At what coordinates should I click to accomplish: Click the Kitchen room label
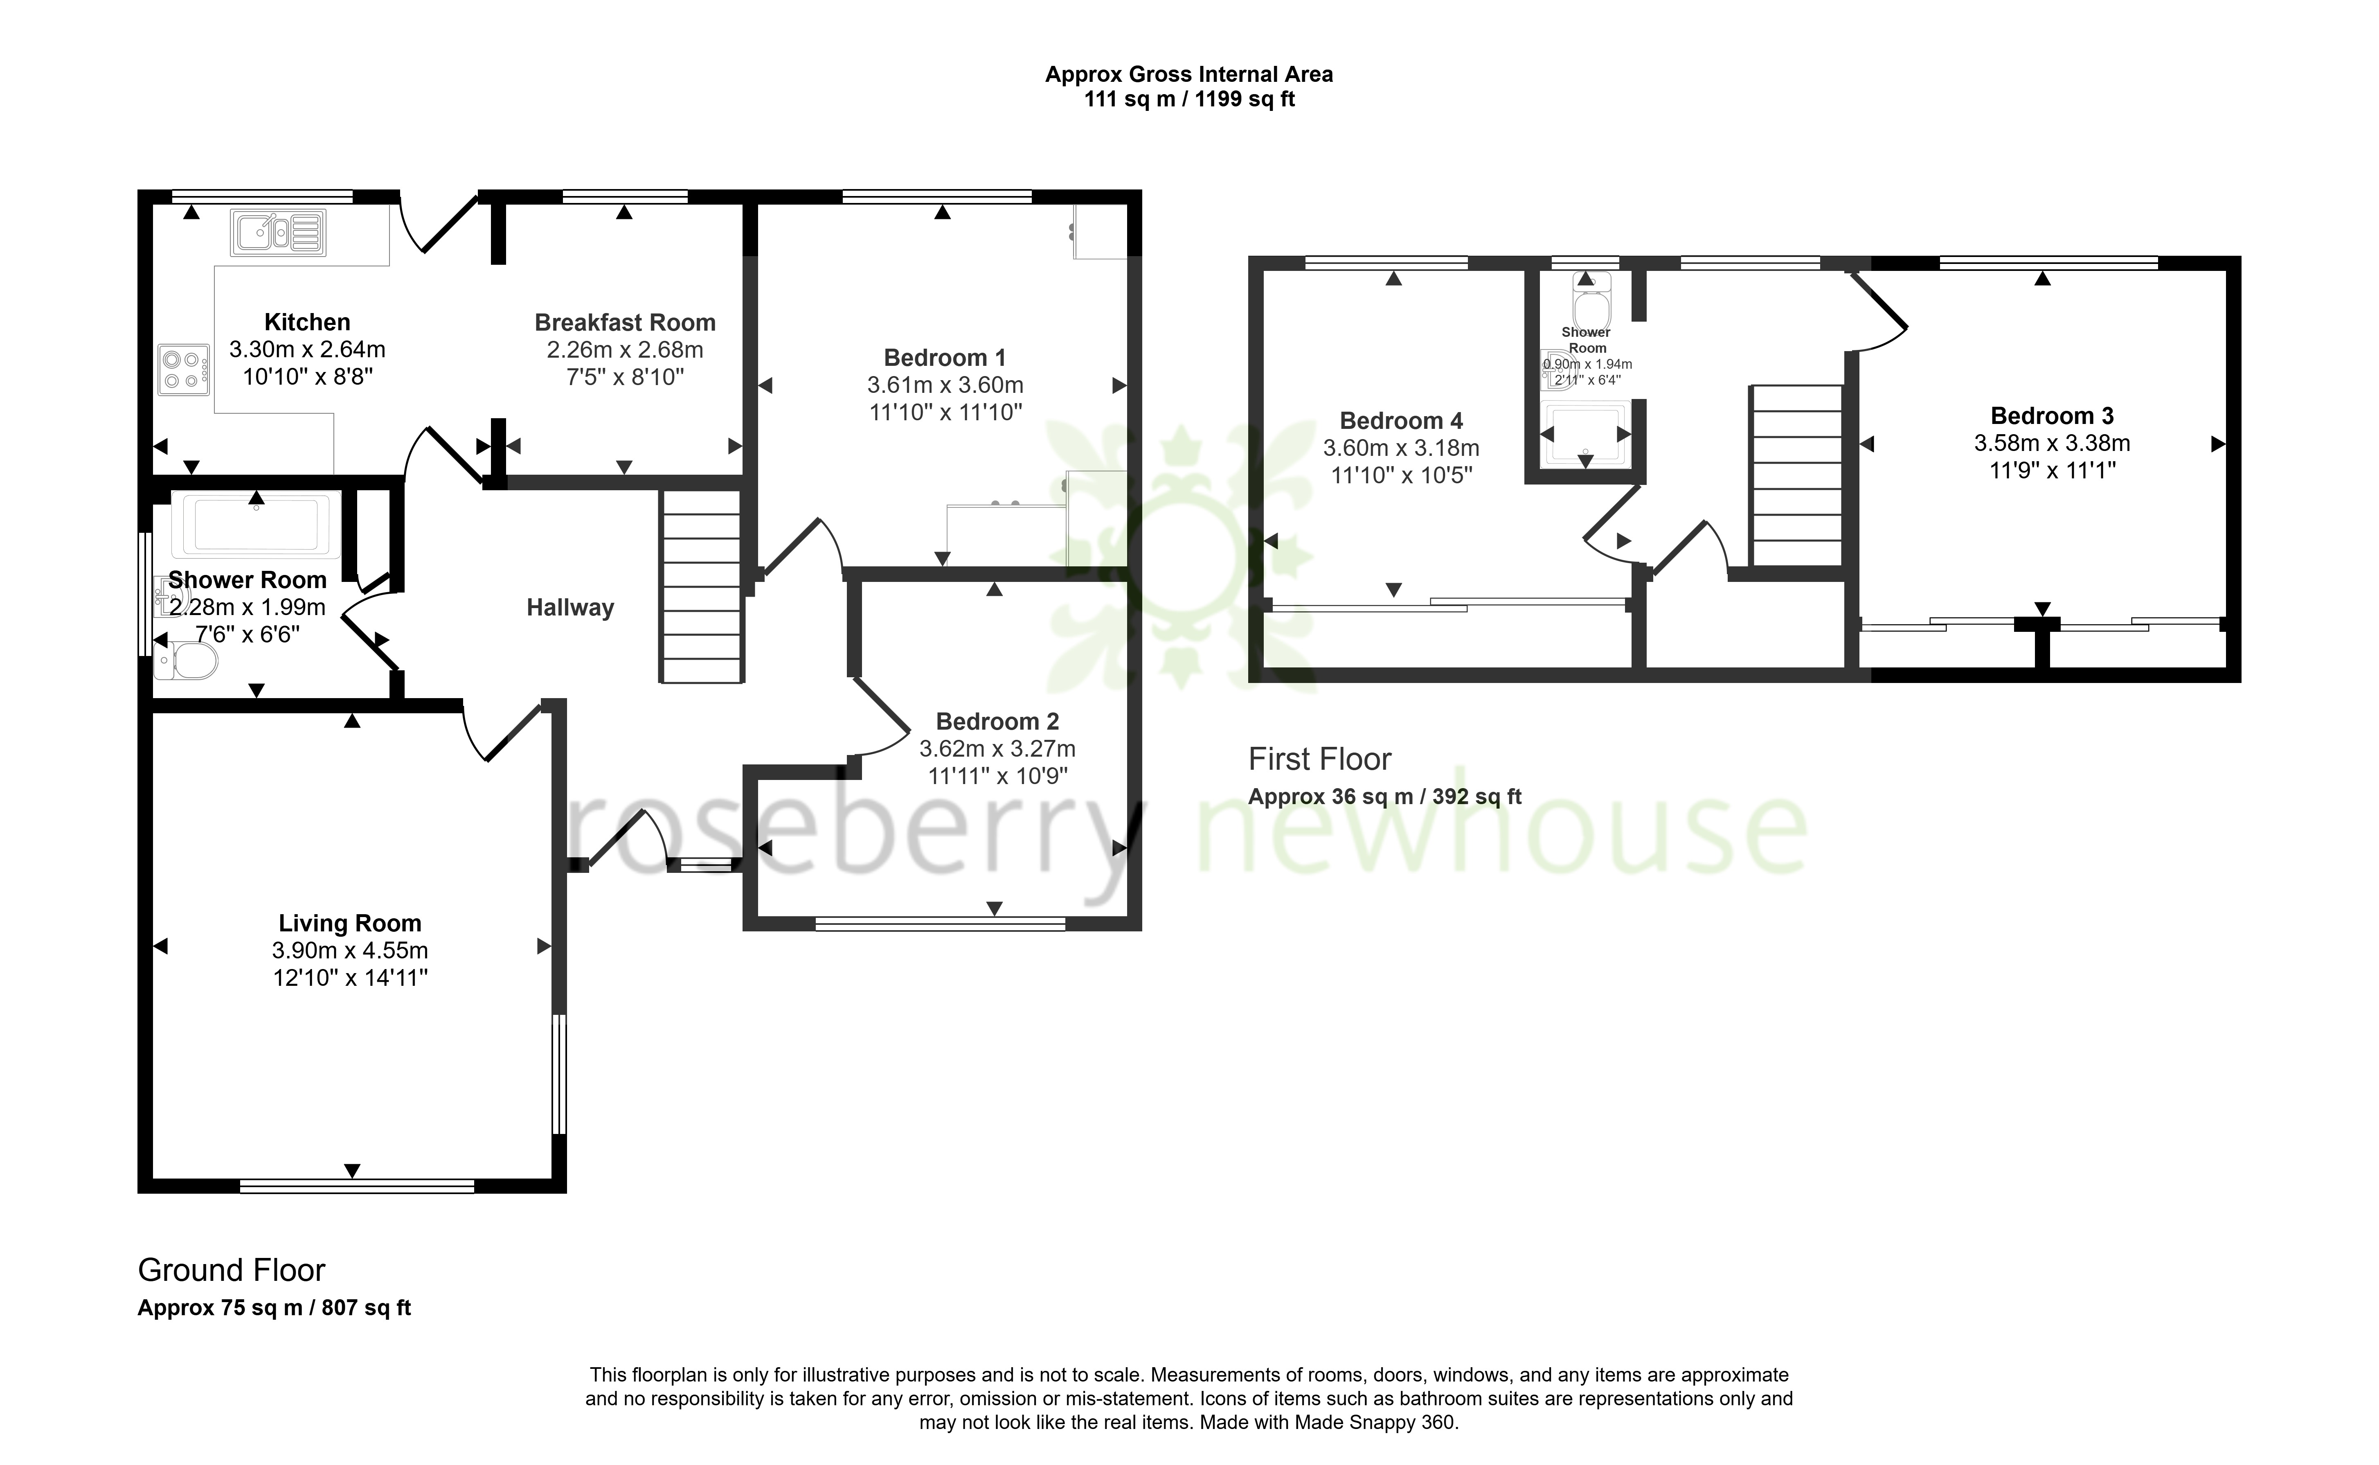click(307, 322)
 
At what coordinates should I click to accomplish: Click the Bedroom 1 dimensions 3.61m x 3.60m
click(945, 385)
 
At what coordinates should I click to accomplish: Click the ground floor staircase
click(701, 586)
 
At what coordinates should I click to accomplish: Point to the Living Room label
click(350, 923)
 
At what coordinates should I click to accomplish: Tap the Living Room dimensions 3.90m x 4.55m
click(350, 951)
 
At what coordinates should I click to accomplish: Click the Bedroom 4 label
click(1401, 421)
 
